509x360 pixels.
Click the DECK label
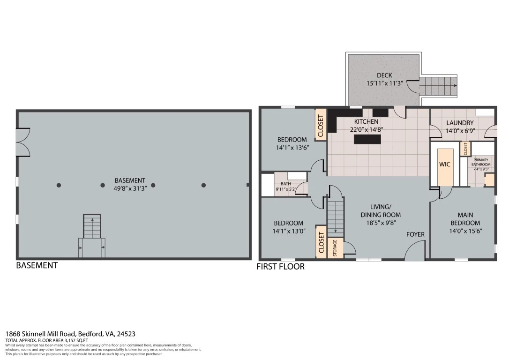click(384, 75)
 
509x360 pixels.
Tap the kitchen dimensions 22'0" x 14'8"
click(367, 129)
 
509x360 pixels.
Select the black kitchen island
click(367, 139)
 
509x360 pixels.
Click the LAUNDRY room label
click(460, 123)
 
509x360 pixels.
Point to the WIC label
click(444, 164)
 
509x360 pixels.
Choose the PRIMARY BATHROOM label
click(481, 162)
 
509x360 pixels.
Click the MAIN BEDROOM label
click(465, 219)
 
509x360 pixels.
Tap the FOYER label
click(415, 234)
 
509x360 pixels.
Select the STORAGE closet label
click(335, 247)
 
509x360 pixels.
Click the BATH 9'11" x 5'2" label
click(285, 187)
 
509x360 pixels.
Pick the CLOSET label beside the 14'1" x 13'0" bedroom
click(322, 242)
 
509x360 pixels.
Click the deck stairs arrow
click(439, 86)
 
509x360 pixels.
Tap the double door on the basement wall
click(23, 142)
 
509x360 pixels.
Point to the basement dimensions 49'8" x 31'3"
click(130, 188)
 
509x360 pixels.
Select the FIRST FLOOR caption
click(280, 267)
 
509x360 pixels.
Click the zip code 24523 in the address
click(126, 334)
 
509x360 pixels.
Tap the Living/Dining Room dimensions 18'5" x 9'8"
click(379, 223)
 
